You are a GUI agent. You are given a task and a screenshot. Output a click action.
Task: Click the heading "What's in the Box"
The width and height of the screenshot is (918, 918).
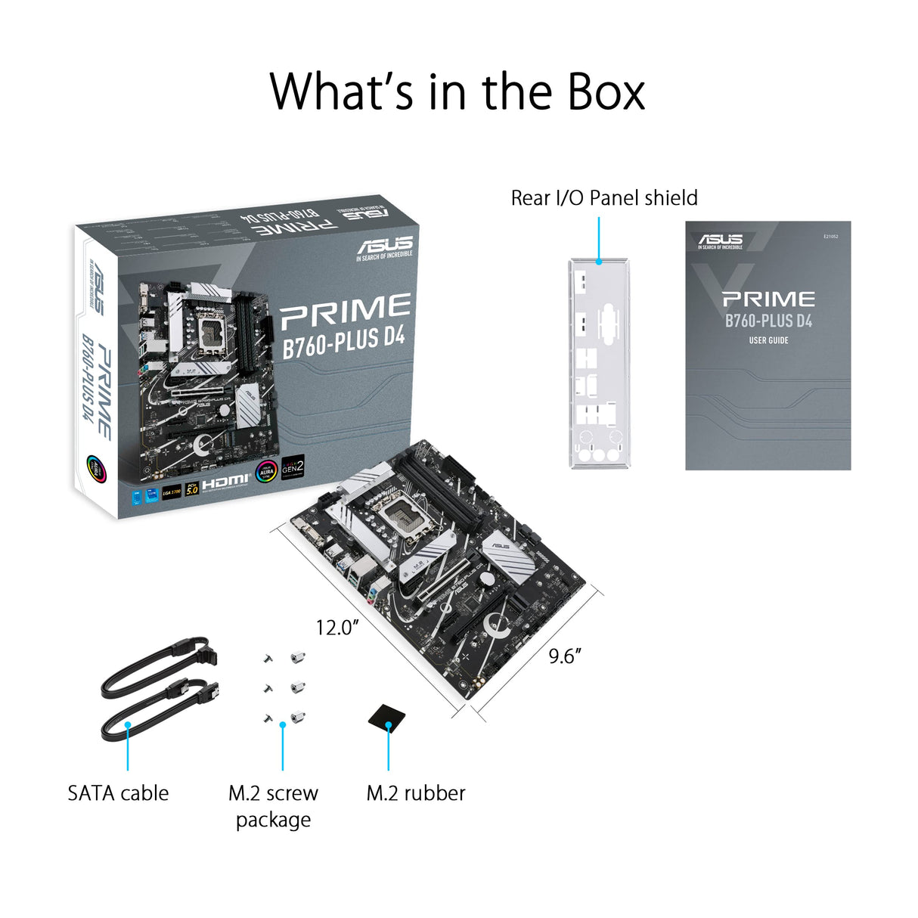457,91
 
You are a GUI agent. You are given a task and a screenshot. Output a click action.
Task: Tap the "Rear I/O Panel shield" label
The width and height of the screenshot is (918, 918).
603,198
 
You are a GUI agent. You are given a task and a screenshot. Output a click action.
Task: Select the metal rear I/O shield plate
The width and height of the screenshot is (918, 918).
598,363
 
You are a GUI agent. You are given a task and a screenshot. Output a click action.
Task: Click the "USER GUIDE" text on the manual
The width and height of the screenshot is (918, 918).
768,341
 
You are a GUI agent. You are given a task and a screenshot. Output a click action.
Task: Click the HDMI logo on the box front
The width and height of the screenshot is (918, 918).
225,481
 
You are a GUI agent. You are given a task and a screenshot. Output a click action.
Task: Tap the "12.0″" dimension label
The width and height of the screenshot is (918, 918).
336,628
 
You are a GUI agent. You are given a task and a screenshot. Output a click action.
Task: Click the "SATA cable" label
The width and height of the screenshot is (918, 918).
118,793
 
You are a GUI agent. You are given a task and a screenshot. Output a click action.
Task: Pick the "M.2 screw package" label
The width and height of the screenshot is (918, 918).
273,806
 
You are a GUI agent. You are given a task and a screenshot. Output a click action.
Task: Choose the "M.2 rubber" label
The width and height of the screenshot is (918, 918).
415,793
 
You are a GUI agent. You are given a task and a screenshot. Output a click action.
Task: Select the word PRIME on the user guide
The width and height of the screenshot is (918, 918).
768,299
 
